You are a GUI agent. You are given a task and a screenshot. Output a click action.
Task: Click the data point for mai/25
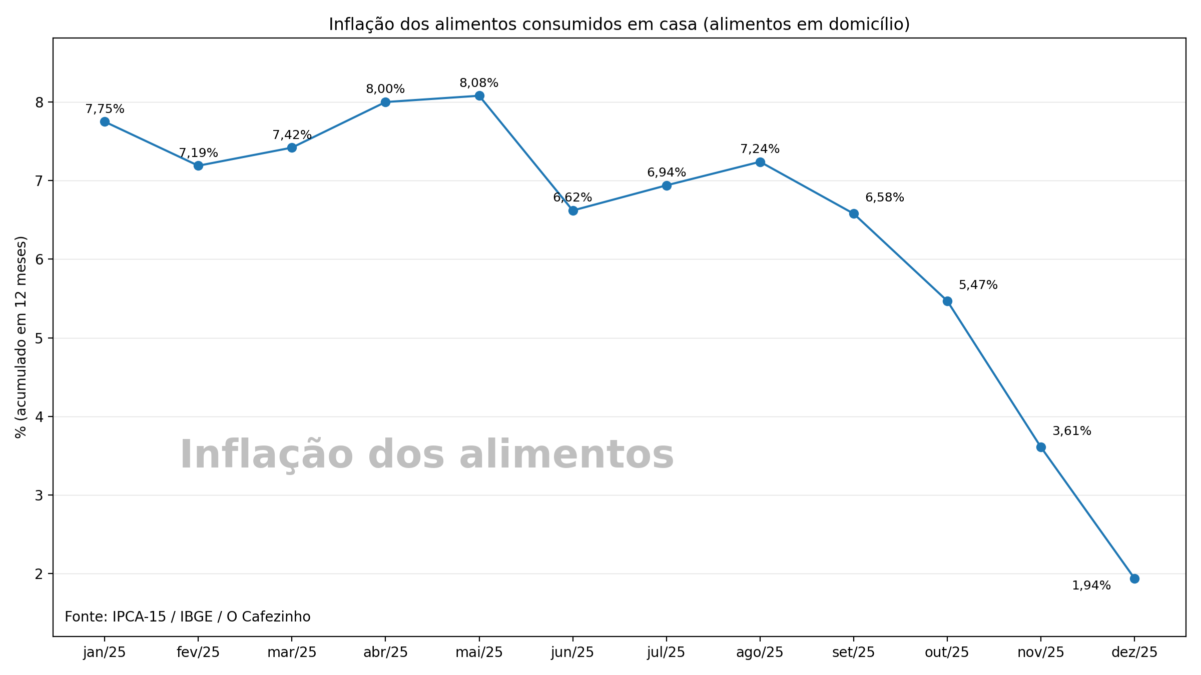tap(479, 95)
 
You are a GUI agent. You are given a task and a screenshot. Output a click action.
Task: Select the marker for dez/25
tap(1134, 578)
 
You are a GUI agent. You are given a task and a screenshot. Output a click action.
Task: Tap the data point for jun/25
tap(573, 210)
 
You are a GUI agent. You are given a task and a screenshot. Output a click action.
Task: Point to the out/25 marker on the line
tap(947, 301)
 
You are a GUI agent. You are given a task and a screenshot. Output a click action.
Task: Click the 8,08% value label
tap(479, 83)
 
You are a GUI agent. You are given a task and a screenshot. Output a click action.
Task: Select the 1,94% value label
tap(1091, 585)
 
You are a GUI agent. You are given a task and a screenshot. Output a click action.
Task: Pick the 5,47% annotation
tap(978, 285)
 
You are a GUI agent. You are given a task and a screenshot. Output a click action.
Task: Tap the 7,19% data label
tap(198, 153)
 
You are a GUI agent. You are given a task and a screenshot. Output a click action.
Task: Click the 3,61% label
tap(1071, 431)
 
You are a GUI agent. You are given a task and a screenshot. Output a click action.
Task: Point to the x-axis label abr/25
tap(385, 652)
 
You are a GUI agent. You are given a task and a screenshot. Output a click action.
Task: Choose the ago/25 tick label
tap(760, 652)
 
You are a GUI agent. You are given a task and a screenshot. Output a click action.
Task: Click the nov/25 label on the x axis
tap(1041, 652)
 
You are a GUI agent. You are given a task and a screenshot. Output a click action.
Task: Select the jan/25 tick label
tap(105, 652)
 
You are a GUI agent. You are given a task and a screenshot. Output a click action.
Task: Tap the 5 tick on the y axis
tap(40, 338)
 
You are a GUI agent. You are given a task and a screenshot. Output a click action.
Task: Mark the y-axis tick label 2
tap(40, 573)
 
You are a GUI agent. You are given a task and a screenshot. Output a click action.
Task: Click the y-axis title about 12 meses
tap(21, 337)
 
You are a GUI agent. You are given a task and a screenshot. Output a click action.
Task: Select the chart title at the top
tap(619, 24)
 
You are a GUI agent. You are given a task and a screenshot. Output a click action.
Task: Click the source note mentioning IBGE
tap(188, 616)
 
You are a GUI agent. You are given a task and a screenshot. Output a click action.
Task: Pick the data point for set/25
tap(854, 213)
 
